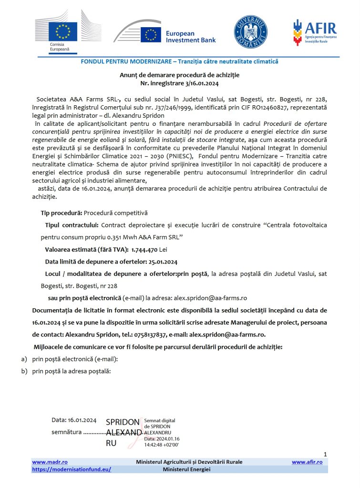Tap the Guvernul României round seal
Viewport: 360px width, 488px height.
(x=250, y=31)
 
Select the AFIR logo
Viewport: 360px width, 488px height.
(x=314, y=32)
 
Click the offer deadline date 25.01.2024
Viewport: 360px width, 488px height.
(x=161, y=262)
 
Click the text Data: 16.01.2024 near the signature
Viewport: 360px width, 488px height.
(x=74, y=420)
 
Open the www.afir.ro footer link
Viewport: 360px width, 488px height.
(x=307, y=462)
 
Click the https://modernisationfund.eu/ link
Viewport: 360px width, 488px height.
(x=72, y=469)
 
